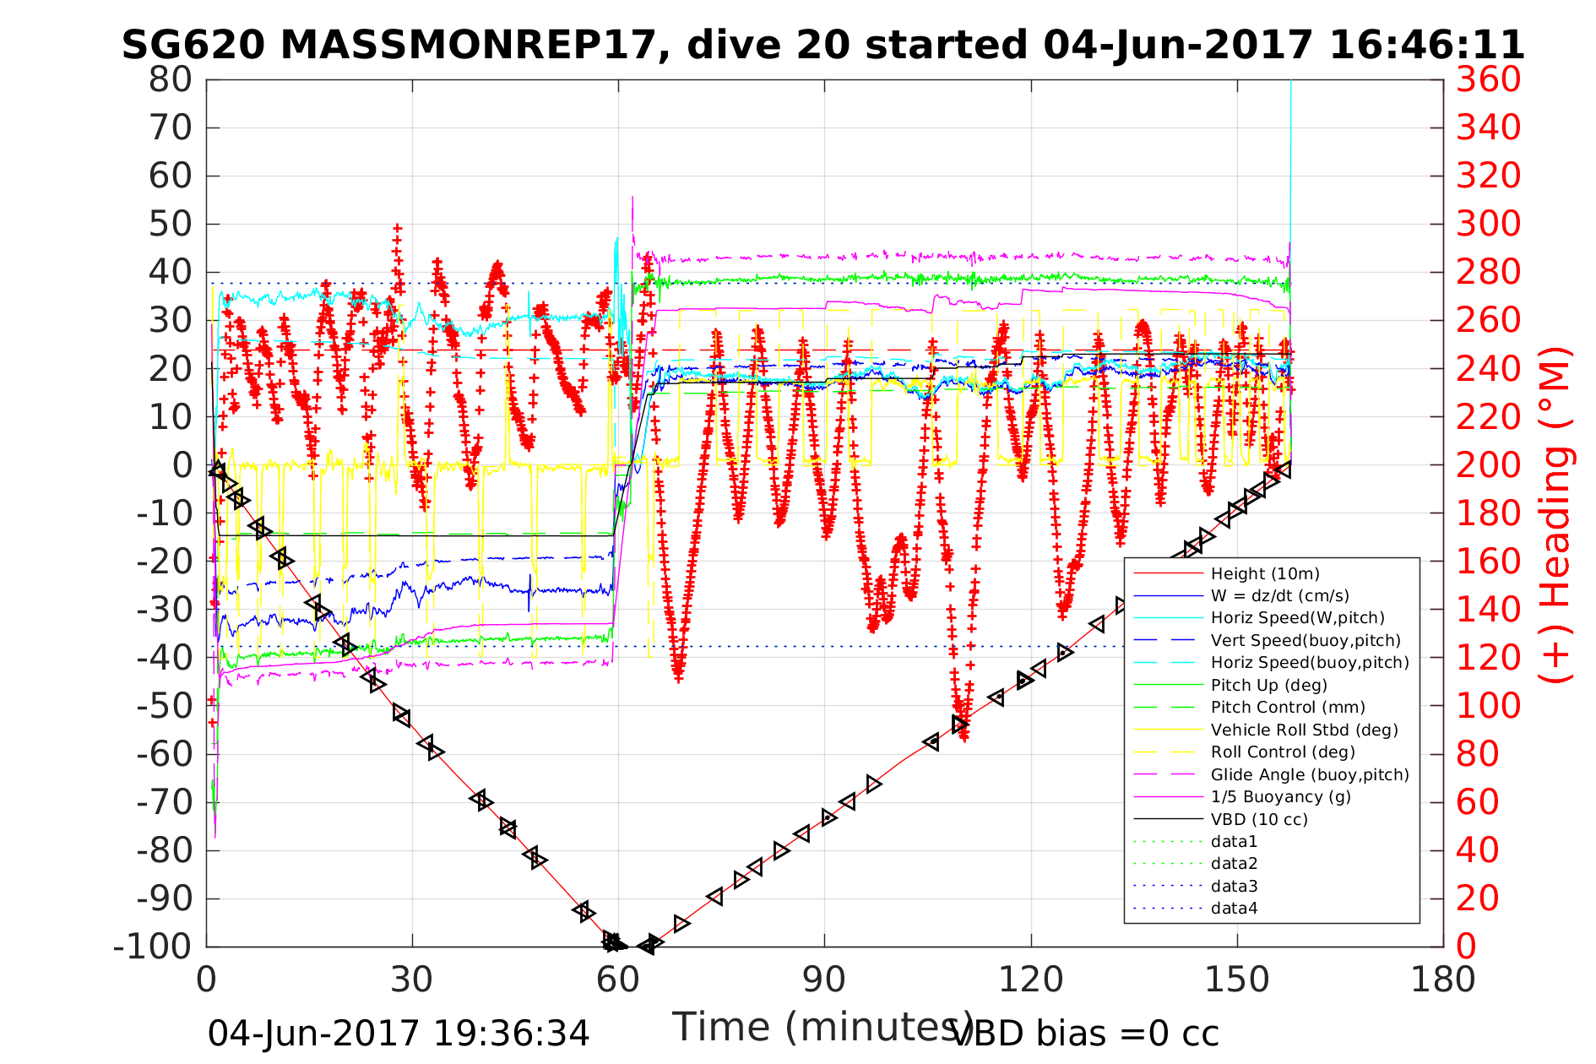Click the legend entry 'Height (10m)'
[x=1264, y=574]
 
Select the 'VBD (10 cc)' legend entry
[x=1259, y=819]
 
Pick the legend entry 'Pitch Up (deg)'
[x=1268, y=685]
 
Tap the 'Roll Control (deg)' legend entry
[x=1283, y=752]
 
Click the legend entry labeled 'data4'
[x=1234, y=909]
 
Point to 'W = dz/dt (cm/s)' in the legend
[x=1279, y=596]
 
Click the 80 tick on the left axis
[x=171, y=80]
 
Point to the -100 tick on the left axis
[x=153, y=947]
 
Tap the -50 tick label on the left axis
[x=164, y=706]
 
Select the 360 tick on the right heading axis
[x=1500, y=80]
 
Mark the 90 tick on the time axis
[x=824, y=980]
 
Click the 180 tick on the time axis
[x=1442, y=980]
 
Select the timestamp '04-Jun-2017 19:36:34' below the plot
[x=399, y=1034]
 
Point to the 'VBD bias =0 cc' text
[x=1085, y=1034]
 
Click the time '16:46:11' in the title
[x=1427, y=45]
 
